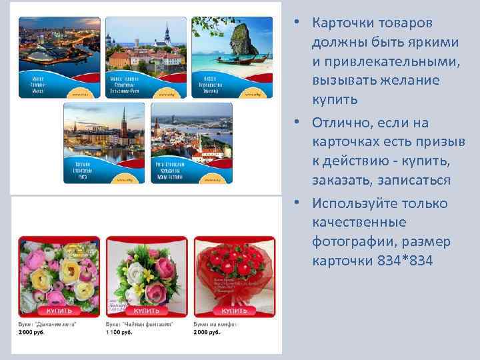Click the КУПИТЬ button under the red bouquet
pyautogui.click(x=235, y=311)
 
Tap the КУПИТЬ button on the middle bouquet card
pyautogui.click(x=147, y=311)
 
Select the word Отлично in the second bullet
pyautogui.click(x=347, y=123)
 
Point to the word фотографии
pyautogui.click(x=354, y=241)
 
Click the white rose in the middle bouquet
pyautogui.click(x=136, y=273)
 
